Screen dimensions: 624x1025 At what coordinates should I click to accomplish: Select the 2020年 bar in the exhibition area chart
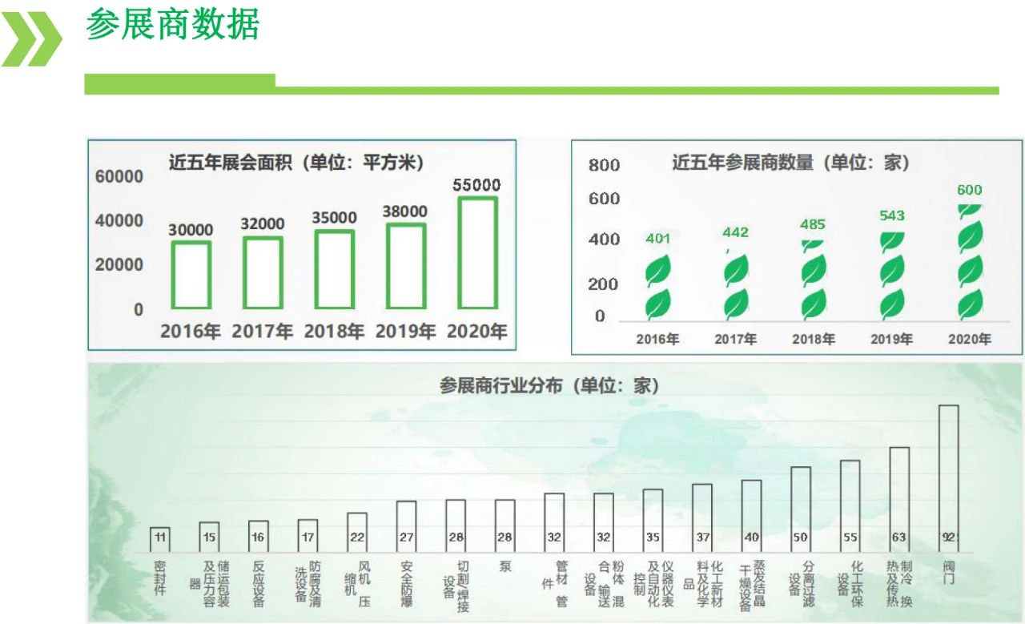click(x=477, y=252)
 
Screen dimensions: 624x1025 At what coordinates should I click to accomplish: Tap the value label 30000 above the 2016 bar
click(x=191, y=230)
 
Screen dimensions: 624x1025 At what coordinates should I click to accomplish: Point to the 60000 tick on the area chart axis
click(x=119, y=176)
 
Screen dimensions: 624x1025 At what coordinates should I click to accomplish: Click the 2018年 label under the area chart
click(x=334, y=331)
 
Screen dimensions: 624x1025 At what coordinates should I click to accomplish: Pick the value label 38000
click(x=405, y=211)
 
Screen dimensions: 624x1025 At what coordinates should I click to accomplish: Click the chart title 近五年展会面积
click(x=295, y=162)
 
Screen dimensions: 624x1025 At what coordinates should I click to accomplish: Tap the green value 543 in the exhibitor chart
click(x=891, y=215)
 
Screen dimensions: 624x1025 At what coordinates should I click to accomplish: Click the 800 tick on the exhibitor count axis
click(x=604, y=166)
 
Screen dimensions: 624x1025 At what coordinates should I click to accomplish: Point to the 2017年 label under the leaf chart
click(x=735, y=339)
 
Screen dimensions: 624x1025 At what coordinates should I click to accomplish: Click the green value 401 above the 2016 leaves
click(x=657, y=238)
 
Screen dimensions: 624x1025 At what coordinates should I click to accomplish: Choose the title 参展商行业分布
click(x=549, y=385)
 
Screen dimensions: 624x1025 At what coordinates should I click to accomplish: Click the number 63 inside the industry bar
click(x=899, y=537)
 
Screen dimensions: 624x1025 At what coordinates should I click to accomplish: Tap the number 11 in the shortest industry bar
click(x=160, y=537)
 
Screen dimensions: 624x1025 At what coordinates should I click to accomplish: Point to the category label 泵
click(x=504, y=567)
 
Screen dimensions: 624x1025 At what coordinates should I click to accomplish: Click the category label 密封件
click(x=160, y=578)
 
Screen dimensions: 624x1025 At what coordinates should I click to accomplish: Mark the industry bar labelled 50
click(x=801, y=509)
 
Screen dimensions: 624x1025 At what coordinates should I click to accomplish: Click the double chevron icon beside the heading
click(x=32, y=38)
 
